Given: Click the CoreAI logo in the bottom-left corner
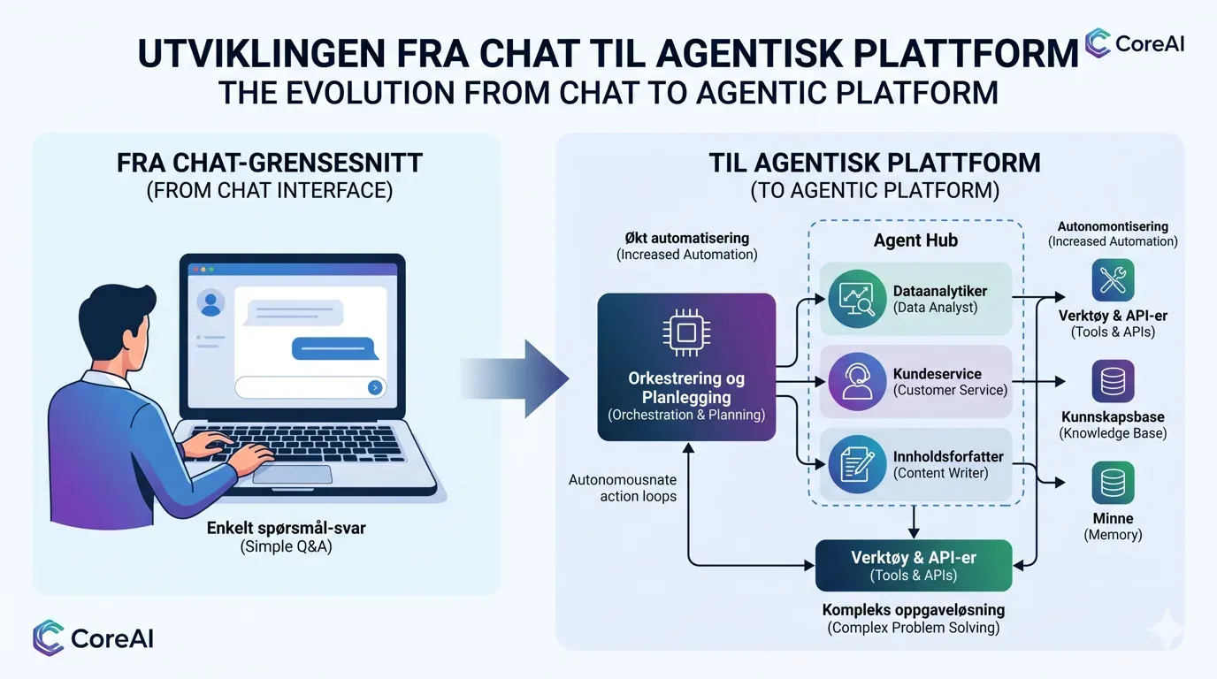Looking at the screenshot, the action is pos(93,638).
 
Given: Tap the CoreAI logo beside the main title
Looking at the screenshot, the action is pos(1135,43).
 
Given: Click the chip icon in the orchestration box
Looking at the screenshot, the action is pos(686,332).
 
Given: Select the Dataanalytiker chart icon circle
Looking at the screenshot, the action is pos(857,299).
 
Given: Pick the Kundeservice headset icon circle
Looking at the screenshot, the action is pos(857,381).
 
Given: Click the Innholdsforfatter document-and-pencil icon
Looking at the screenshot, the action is pos(857,464).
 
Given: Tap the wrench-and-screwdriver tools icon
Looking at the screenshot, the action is pos(1113,280).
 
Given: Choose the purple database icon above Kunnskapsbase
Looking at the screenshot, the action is pos(1113,381).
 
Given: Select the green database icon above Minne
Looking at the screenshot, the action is pos(1113,483).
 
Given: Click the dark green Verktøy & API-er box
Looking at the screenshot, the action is pos(914,566).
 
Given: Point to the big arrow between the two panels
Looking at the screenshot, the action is pos(515,379).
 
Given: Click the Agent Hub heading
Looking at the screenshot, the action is pos(915,240).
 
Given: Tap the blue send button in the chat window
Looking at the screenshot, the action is pos(375,387).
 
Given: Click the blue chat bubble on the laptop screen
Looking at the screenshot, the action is pos(334,348).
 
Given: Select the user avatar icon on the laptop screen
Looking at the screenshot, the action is pos(210,303).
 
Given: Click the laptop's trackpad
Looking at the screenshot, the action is pos(292,474).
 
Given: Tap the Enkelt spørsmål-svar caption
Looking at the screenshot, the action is pos(287,528).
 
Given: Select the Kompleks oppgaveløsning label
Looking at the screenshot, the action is pos(914,610).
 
